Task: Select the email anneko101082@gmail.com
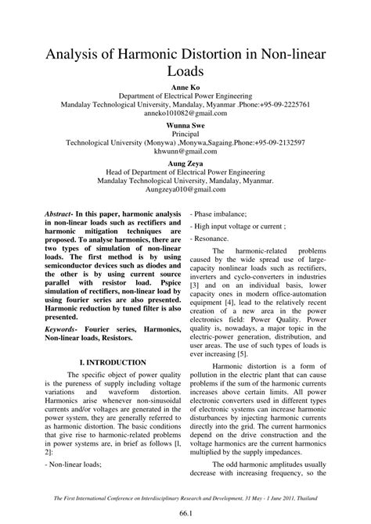[185, 113]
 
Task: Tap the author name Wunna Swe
[185, 124]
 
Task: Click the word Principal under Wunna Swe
[185, 134]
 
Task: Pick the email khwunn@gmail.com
[185, 153]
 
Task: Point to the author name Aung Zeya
[185, 163]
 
